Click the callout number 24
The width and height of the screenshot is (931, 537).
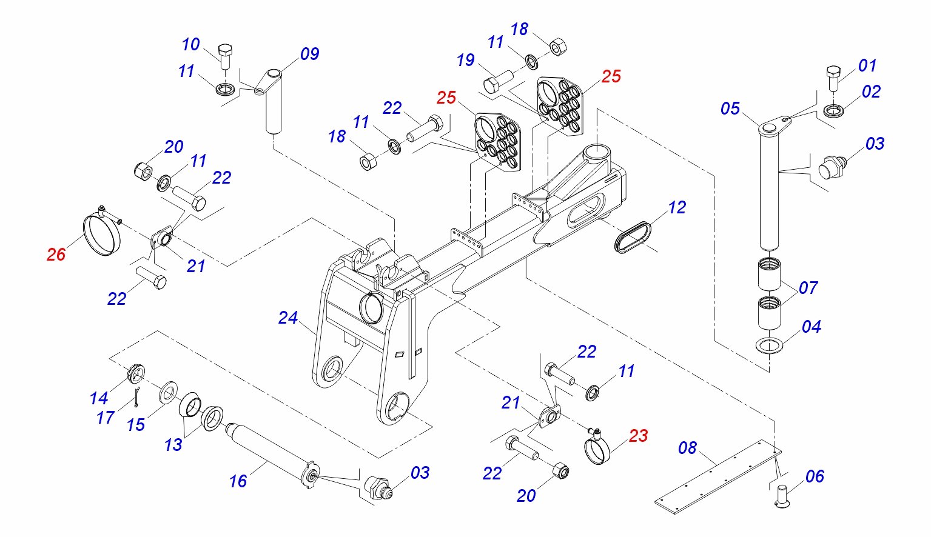pos(288,318)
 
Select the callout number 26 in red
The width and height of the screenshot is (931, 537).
pos(56,255)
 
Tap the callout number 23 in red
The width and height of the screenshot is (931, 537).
pos(639,436)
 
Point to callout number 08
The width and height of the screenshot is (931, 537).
pos(687,448)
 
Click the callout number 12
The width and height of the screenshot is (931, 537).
pos(677,208)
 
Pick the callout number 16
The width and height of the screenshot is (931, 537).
pos(238,481)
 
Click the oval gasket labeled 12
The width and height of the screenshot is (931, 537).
pos(633,237)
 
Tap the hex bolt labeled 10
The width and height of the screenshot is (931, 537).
pos(225,56)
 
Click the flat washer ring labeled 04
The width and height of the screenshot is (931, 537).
pos(769,346)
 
